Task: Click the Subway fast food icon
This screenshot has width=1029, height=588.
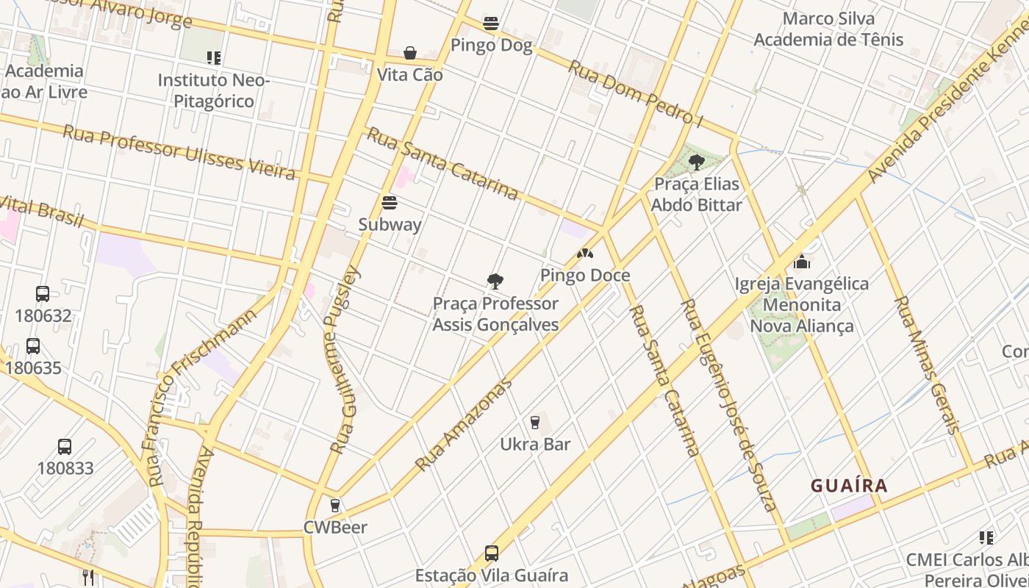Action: (x=390, y=203)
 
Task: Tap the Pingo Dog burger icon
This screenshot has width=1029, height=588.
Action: (x=491, y=24)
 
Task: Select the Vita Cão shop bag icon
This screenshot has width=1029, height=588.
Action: (x=410, y=53)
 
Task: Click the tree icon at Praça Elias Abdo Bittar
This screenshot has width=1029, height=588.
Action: (x=696, y=162)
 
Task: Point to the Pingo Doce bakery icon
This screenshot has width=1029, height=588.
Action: (x=585, y=254)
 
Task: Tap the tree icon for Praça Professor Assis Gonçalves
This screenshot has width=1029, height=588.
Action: (x=495, y=281)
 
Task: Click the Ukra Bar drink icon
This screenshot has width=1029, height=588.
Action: (x=535, y=423)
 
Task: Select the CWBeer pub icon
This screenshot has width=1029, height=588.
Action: (x=335, y=506)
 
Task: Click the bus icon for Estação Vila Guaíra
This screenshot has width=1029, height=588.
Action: (x=492, y=553)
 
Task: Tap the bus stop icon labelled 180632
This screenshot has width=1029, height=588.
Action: (x=43, y=294)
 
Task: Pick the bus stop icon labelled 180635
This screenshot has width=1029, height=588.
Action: (x=33, y=346)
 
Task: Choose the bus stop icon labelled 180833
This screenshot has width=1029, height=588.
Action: (x=65, y=447)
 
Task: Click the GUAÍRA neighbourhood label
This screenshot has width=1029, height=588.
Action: (x=849, y=486)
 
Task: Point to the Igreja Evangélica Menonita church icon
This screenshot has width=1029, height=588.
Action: (x=802, y=262)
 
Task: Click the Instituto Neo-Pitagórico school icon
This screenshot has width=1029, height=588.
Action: (x=214, y=57)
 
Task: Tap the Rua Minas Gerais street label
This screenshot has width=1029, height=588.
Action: (x=926, y=365)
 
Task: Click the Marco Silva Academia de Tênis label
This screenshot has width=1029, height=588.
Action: (x=828, y=29)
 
